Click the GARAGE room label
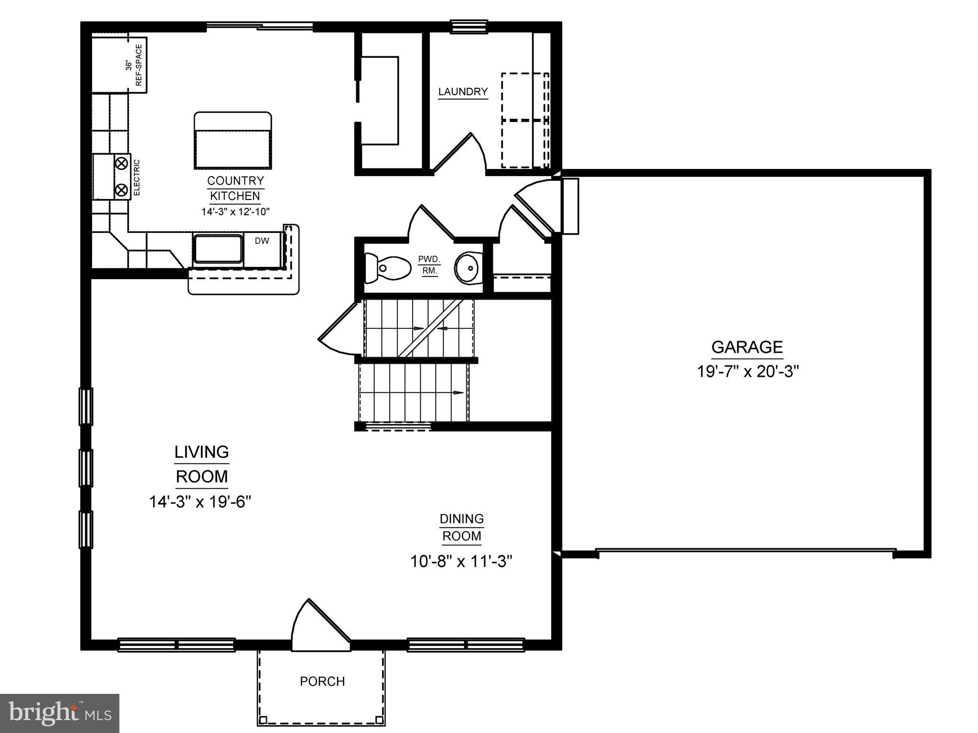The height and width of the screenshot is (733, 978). tap(747, 347)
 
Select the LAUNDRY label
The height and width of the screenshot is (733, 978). tap(463, 92)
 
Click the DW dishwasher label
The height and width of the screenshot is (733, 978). tap(262, 241)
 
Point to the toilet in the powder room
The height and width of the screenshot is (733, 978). tap(387, 267)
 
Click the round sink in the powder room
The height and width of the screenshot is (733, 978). tap(467, 268)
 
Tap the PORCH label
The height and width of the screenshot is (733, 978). tap(322, 681)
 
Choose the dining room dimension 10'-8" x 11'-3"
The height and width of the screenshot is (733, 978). tap(461, 561)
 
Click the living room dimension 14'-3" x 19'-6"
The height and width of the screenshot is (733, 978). tap(200, 502)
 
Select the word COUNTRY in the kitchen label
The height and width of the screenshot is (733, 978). tap(235, 181)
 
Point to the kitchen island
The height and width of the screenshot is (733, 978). tap(233, 141)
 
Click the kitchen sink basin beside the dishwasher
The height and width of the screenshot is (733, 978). tap(218, 249)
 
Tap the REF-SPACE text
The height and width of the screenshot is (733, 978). tap(139, 65)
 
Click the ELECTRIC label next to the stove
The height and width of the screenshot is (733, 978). tap(137, 178)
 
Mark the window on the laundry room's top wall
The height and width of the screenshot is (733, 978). tap(469, 27)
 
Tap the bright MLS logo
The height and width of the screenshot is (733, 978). tap(60, 713)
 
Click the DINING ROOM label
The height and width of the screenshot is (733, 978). tap(462, 527)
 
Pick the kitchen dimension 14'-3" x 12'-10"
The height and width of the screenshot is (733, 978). tap(236, 211)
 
